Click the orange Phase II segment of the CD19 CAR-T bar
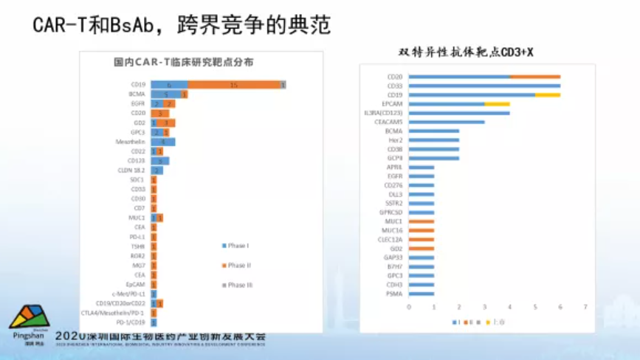[233, 85]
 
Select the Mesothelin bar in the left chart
[163, 142]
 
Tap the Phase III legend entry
[238, 285]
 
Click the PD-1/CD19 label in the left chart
[131, 322]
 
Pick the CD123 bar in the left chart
[160, 161]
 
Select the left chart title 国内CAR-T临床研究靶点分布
[183, 63]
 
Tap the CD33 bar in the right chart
[484, 86]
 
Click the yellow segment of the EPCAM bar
[497, 104]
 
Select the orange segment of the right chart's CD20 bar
[534, 77]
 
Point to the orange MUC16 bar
[421, 230]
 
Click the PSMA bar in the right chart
[421, 294]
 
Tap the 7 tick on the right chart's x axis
[585, 307]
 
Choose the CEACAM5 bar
[446, 122]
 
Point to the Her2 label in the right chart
[396, 140]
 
